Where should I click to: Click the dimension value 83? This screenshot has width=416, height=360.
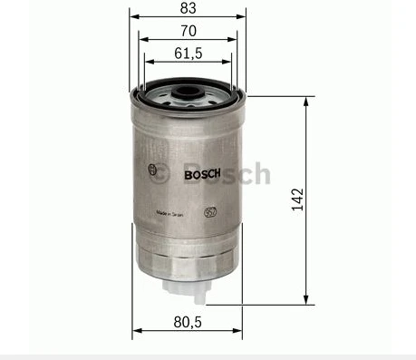(x=188, y=8)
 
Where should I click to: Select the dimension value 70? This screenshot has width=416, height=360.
(x=188, y=31)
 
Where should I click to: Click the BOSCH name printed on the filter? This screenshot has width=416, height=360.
(x=200, y=174)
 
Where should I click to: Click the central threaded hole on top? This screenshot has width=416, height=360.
(x=188, y=90)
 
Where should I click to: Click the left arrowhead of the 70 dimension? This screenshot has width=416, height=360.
(x=141, y=40)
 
